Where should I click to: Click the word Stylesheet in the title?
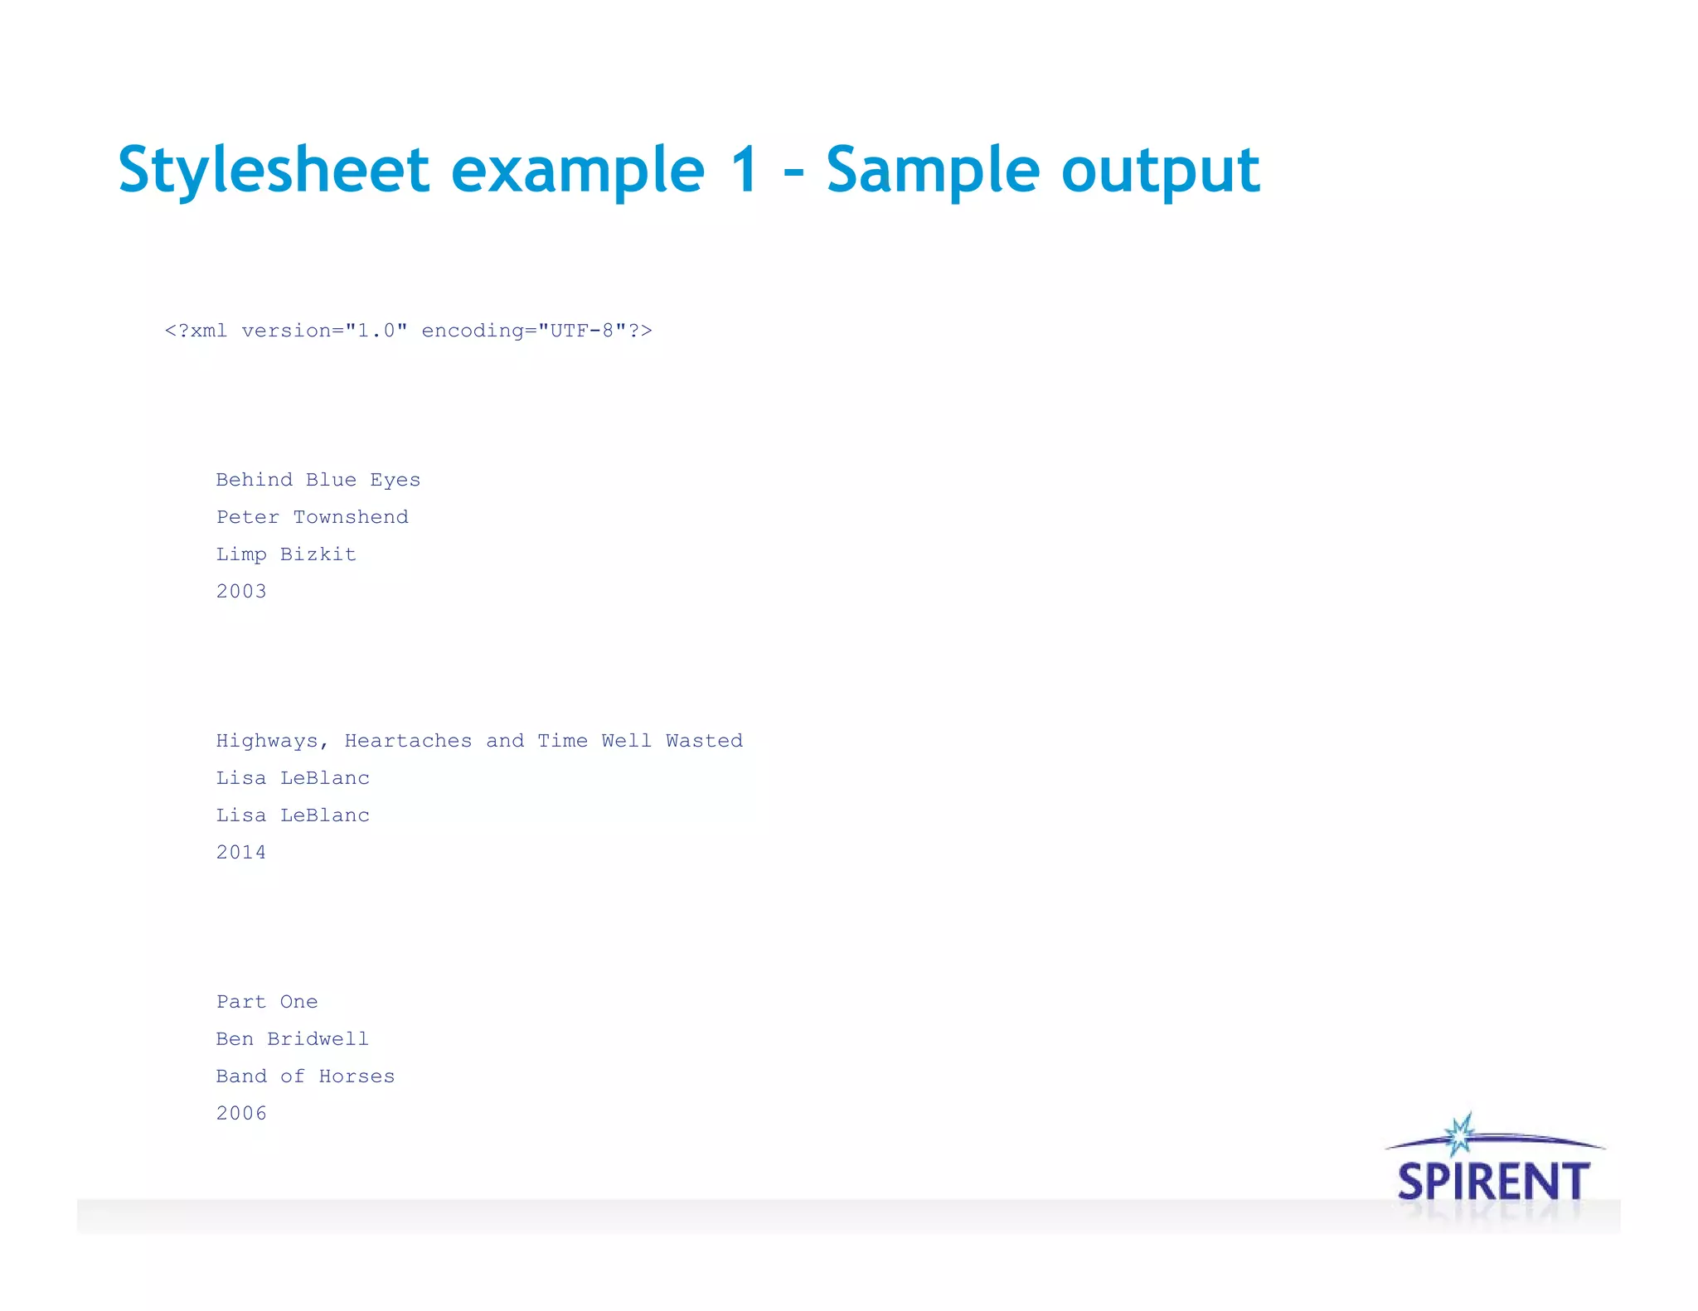274,171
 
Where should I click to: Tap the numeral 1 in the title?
744,171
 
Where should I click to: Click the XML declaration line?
408,331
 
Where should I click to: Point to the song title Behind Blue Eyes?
318,480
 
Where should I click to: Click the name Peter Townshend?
313,517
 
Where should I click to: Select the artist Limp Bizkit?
286,554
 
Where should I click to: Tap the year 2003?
241,592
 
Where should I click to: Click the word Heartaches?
408,741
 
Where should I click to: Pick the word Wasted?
704,741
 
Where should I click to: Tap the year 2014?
241,853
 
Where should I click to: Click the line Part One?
267,1002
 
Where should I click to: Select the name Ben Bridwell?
293,1039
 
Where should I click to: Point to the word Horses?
357,1076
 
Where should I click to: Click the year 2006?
241,1114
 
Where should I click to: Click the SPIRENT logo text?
1493,1182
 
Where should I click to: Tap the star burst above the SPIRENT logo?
1460,1134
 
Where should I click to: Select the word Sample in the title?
933,171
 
